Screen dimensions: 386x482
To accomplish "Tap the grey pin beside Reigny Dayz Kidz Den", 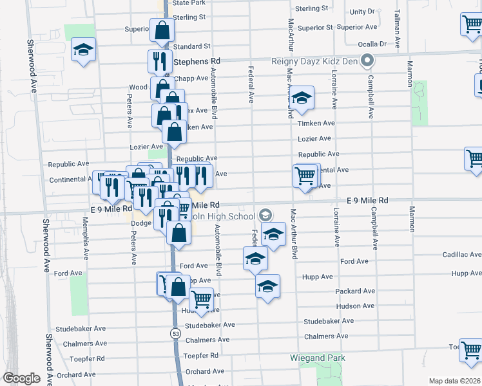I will pyautogui.click(x=367, y=62).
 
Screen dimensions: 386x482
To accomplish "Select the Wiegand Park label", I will pyautogui.click(x=318, y=358).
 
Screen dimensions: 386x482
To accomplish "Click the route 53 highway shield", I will pyautogui.click(x=175, y=333).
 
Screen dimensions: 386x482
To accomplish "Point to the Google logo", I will pyautogui.click(x=21, y=378).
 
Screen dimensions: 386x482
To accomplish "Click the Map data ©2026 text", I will pyautogui.click(x=455, y=381).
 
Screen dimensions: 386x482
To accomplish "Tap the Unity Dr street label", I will pyautogui.click(x=361, y=12).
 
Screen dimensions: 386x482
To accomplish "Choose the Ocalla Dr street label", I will pyautogui.click(x=374, y=44).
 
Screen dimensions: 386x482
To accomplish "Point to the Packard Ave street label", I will pyautogui.click(x=355, y=291).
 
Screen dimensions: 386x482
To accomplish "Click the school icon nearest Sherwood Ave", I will pyautogui.click(x=83, y=51).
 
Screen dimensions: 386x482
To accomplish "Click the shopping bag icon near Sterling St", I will pyautogui.click(x=162, y=30).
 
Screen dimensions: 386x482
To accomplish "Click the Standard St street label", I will pyautogui.click(x=192, y=46).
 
